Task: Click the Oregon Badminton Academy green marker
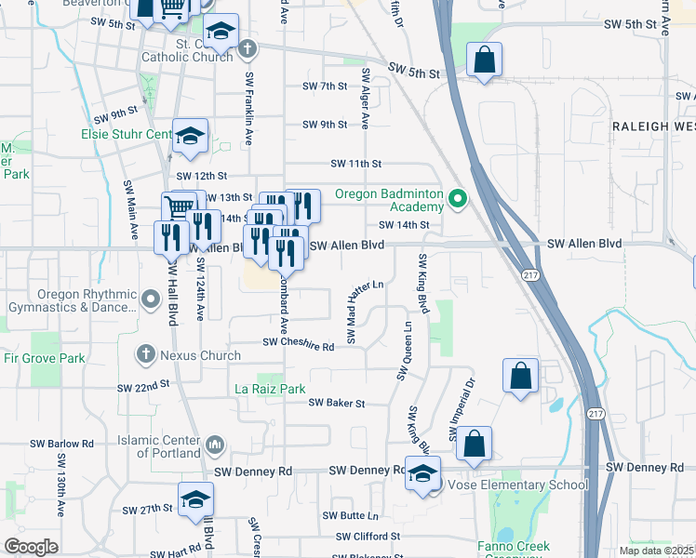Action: click(457, 197)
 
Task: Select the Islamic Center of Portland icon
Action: click(215, 445)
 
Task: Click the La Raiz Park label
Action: click(270, 389)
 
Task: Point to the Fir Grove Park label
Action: click(44, 358)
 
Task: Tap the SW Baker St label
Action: click(336, 403)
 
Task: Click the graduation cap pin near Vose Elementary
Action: click(422, 473)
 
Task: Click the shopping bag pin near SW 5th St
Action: click(485, 60)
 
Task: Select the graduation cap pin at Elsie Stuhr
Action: click(190, 137)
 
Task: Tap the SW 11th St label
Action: click(356, 164)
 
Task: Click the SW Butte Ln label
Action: click(351, 515)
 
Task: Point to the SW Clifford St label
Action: click(369, 537)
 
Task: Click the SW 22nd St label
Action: click(143, 385)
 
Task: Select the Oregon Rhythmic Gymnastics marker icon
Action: click(153, 299)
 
